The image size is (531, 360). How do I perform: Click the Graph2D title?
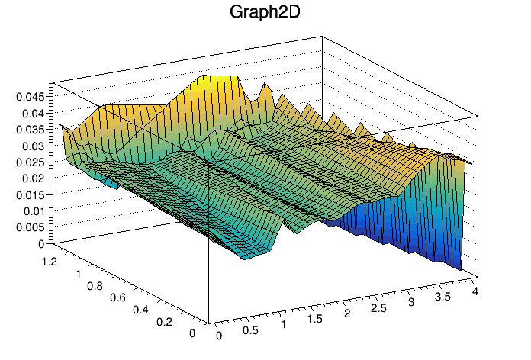(x=265, y=12)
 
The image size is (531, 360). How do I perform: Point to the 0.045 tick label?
(x=31, y=97)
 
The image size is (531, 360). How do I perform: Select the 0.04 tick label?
(x=34, y=114)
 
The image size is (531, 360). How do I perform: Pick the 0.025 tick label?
(x=31, y=162)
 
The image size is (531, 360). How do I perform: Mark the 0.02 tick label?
(x=34, y=178)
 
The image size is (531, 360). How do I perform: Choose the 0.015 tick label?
(x=31, y=194)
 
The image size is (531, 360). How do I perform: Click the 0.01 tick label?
(x=34, y=211)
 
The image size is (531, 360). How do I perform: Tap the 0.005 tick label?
(x=31, y=227)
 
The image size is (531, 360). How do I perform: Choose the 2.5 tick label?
(x=378, y=307)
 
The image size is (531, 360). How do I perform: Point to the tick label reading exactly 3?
(x=411, y=302)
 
